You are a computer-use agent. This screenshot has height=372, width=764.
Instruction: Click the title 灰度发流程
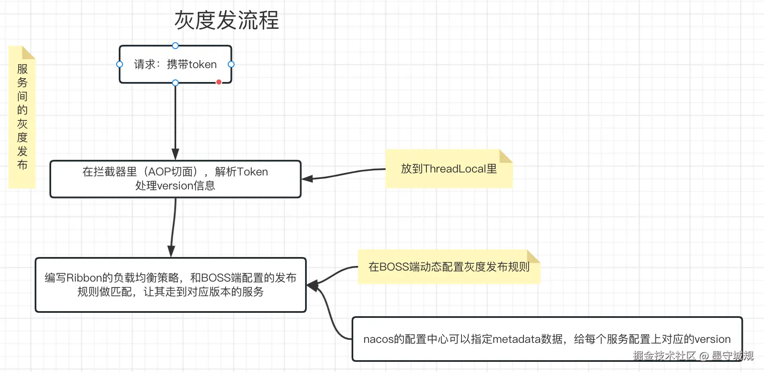click(x=226, y=20)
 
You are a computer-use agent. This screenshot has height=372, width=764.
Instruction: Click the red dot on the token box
click(x=219, y=82)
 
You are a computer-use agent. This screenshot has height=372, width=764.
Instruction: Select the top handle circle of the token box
click(x=175, y=46)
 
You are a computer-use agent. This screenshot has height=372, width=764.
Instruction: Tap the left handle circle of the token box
click(x=120, y=64)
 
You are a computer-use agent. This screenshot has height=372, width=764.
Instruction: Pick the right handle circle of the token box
click(x=231, y=64)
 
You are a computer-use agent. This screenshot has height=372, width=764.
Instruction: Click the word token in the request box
click(x=203, y=64)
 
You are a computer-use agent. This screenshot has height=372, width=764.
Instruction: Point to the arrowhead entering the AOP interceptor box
click(x=175, y=154)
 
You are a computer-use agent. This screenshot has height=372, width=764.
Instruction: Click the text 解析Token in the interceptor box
click(x=241, y=172)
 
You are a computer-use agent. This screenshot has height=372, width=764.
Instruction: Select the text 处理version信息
click(x=175, y=186)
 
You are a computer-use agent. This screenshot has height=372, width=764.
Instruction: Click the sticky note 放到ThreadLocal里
click(x=449, y=169)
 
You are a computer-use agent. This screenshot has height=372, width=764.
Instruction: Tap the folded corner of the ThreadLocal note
click(x=505, y=156)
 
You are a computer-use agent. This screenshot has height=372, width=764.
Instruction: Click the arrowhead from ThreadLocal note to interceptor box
click(x=307, y=179)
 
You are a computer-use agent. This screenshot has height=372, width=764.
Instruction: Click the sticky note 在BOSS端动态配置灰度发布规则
click(x=449, y=267)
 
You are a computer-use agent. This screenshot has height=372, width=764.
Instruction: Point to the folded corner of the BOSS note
click(x=533, y=256)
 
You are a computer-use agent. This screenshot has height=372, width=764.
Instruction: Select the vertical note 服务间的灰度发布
click(x=22, y=117)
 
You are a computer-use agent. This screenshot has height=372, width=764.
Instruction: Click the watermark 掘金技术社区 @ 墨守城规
click(x=693, y=356)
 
